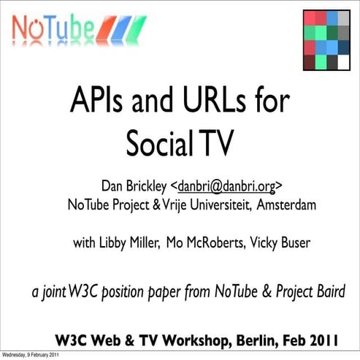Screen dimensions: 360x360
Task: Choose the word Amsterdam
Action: point(286,205)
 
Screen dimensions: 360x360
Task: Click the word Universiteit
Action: point(220,205)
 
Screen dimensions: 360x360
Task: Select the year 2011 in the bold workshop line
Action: point(322,339)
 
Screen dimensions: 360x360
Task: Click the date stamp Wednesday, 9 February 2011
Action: point(30,355)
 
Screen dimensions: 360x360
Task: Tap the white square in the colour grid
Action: point(342,62)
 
